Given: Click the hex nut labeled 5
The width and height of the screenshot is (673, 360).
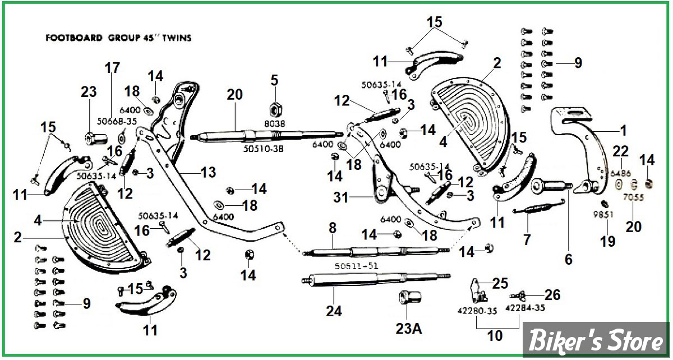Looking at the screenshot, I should [x=274, y=107].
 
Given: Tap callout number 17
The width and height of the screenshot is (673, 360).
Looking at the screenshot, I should [x=112, y=68].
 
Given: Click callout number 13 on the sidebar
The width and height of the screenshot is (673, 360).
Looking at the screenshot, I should [x=208, y=173].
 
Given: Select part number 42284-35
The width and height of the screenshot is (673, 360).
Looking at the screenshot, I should [x=524, y=308].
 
